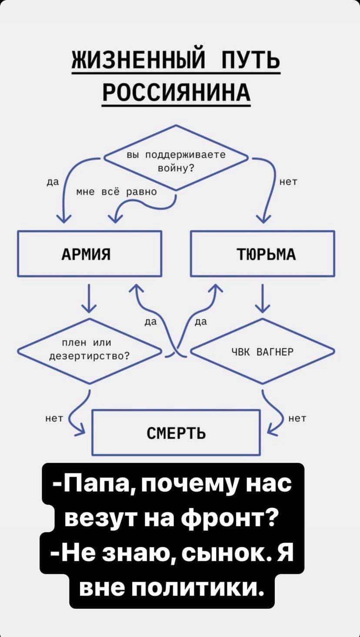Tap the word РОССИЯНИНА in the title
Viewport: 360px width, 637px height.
point(177,92)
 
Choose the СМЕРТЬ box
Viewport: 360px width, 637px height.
point(176,432)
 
